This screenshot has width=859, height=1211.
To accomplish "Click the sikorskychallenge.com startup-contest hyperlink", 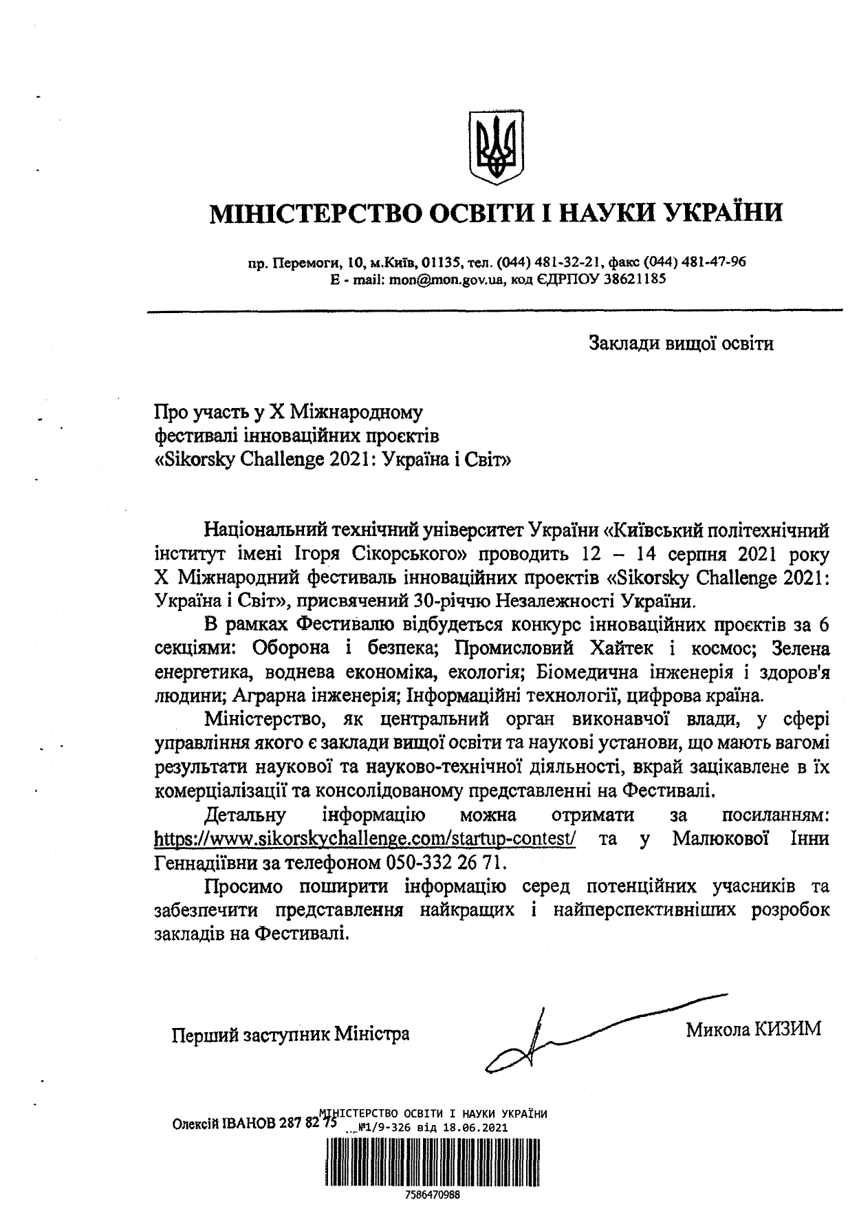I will click(x=365, y=839).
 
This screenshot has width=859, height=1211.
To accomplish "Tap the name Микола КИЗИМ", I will click(x=753, y=1030).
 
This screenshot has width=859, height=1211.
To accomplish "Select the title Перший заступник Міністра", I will click(x=290, y=1033).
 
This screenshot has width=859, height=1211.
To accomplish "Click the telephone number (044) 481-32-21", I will click(x=550, y=262).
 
